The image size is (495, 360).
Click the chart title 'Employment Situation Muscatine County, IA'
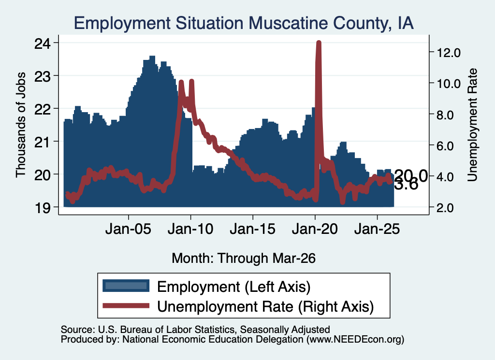tap(244, 23)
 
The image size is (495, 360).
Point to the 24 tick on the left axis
tap(43, 43)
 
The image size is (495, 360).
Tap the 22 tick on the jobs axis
tap(43, 109)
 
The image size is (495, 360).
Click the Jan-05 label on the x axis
tap(129, 229)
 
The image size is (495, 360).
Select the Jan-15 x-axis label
tap(252, 229)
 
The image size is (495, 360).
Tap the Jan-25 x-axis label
tap(377, 229)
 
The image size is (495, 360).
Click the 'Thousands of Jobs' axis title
tap(21, 125)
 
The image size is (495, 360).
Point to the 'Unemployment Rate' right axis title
tap(472, 125)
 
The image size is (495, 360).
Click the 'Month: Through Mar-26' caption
tap(244, 258)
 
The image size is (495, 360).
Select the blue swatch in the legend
tap(126, 286)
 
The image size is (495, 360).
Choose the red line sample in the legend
tap(126, 306)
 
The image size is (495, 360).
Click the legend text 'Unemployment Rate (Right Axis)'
tap(265, 306)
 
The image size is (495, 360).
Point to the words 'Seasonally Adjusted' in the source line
tap(285, 330)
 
